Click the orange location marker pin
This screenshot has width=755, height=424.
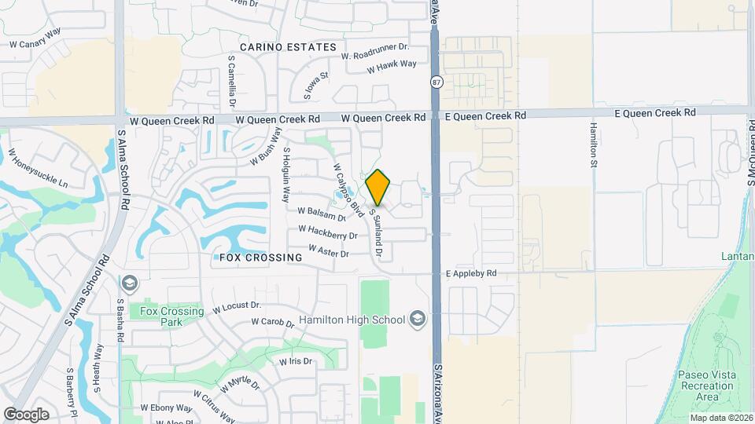(x=378, y=187)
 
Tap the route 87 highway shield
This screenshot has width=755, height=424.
(x=436, y=82)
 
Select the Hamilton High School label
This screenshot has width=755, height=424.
(x=352, y=320)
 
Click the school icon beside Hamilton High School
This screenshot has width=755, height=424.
(x=417, y=318)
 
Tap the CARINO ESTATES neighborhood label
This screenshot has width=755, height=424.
(x=288, y=48)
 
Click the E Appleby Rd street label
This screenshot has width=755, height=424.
(x=471, y=274)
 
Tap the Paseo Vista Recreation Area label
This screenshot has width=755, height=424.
(x=705, y=386)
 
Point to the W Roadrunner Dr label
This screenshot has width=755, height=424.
(x=375, y=51)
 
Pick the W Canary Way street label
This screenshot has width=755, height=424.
(x=35, y=45)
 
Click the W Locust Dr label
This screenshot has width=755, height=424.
(x=231, y=306)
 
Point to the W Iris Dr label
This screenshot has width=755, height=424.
(x=296, y=362)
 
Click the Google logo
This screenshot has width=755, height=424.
(x=26, y=415)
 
